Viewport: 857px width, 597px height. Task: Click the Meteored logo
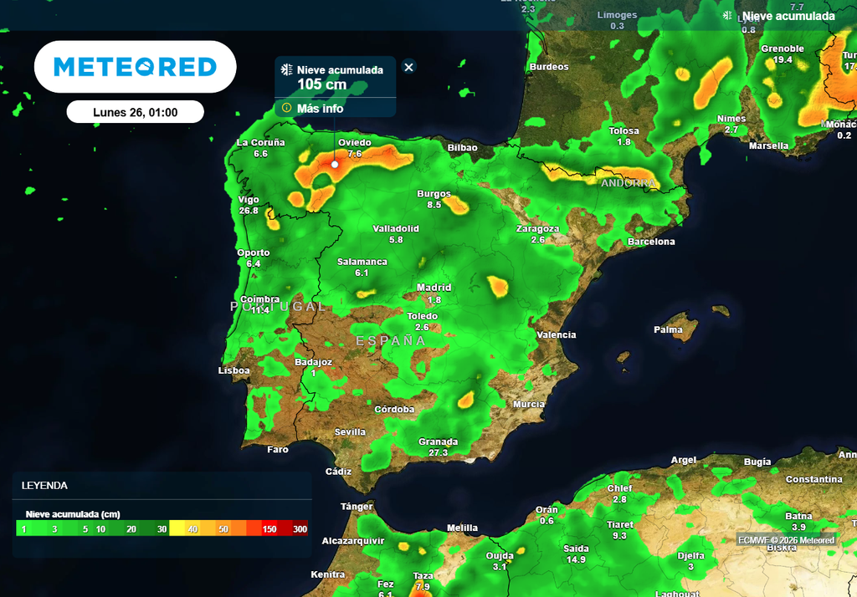pyautogui.click(x=135, y=67)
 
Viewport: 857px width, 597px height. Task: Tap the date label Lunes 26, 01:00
pyautogui.click(x=135, y=112)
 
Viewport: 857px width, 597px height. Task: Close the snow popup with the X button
pyautogui.click(x=408, y=67)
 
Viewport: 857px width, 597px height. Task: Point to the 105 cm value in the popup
pyautogui.click(x=321, y=84)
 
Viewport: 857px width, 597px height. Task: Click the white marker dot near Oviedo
pyautogui.click(x=335, y=164)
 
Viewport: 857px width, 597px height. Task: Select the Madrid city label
pyautogui.click(x=434, y=288)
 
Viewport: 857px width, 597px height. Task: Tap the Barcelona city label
pyautogui.click(x=651, y=242)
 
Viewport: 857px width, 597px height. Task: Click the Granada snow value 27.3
pyautogui.click(x=439, y=452)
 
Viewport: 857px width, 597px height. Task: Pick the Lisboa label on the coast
pyautogui.click(x=234, y=370)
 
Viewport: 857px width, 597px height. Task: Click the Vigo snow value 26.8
pyautogui.click(x=249, y=211)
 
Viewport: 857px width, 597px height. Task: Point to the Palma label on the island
pyautogui.click(x=668, y=329)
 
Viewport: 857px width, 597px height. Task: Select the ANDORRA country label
pyautogui.click(x=628, y=182)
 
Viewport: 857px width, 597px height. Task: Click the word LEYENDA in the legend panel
pyautogui.click(x=44, y=485)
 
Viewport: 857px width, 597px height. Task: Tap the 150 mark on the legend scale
pyautogui.click(x=269, y=529)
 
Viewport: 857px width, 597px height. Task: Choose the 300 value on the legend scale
pyautogui.click(x=300, y=529)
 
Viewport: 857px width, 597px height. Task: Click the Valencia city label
pyautogui.click(x=557, y=334)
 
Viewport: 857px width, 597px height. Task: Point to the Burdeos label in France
pyautogui.click(x=549, y=67)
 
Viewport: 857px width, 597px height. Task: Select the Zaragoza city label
pyautogui.click(x=537, y=228)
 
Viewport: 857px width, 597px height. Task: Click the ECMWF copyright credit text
pyautogui.click(x=786, y=540)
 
